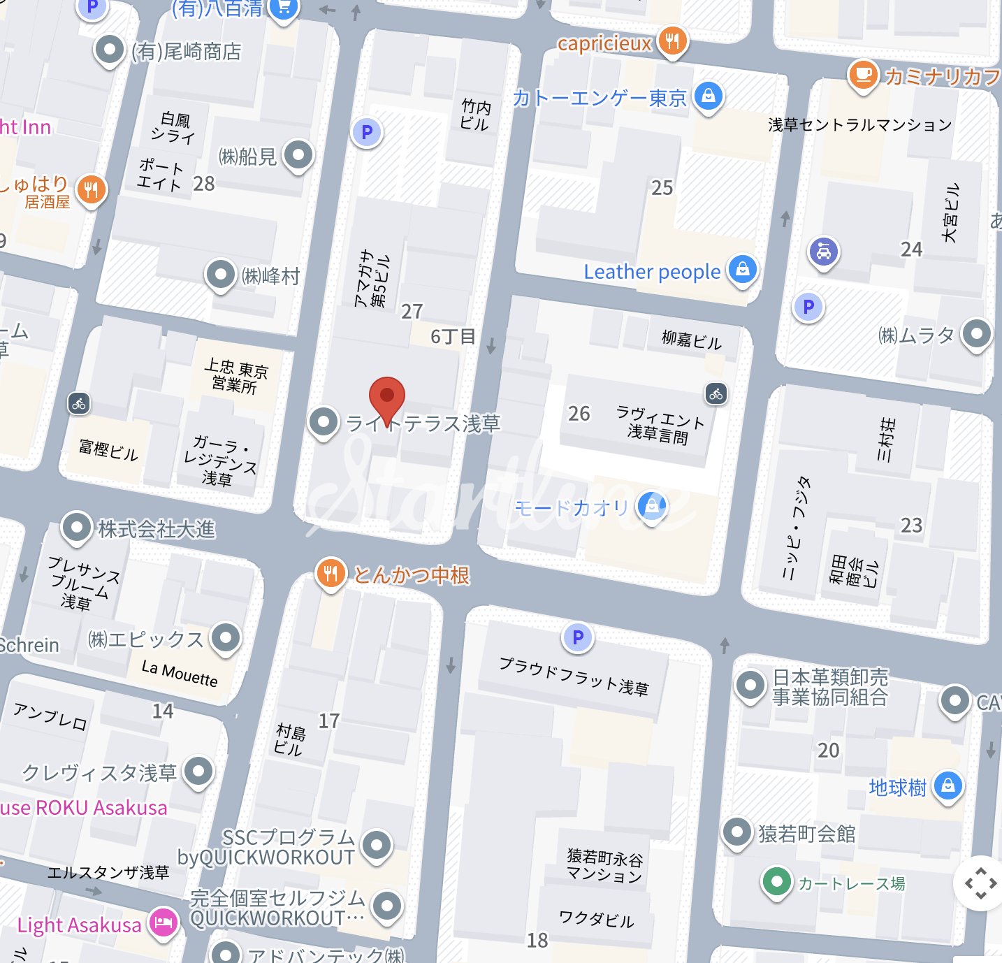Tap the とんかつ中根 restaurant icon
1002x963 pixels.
point(331,574)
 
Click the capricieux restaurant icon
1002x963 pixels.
point(671,41)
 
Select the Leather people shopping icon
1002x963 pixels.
point(742,269)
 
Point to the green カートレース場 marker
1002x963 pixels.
point(776,882)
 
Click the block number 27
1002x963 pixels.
point(412,311)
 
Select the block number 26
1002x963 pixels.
point(579,414)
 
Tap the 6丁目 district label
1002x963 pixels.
point(453,337)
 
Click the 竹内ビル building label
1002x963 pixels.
point(475,115)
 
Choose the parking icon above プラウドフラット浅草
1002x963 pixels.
point(578,637)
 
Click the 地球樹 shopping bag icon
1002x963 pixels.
point(947,786)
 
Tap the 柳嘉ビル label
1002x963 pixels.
point(691,340)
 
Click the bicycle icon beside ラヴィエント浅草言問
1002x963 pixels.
point(716,394)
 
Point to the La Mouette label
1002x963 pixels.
point(180,674)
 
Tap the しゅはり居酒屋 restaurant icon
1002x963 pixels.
point(92,189)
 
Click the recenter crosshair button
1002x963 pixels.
point(980,883)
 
